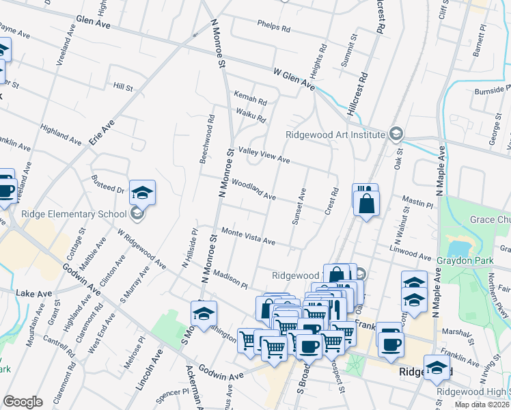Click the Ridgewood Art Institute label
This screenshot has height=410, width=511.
[x=335, y=135]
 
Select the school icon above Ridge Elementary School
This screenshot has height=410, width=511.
[x=143, y=192]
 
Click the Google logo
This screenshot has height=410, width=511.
[x=23, y=402]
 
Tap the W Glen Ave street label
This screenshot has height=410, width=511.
[x=294, y=79]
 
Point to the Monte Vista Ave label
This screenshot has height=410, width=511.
[x=247, y=236]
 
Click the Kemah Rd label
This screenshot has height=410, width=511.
[x=250, y=97]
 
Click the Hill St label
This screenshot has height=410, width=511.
[x=123, y=87]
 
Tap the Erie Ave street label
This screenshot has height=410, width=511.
[x=101, y=134]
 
